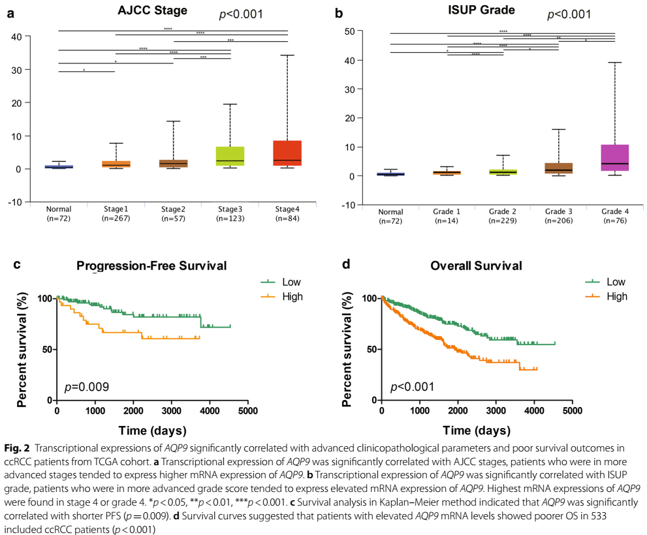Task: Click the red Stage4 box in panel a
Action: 288,153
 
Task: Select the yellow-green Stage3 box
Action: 230,156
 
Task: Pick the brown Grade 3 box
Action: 558,168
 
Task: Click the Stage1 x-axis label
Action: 116,209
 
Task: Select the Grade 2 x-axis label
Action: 503,212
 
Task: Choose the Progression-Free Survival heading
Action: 151,266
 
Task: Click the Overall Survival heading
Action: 476,266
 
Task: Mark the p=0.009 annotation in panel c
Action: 86,387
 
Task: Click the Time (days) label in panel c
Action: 151,431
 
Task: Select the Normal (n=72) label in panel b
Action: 390,216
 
